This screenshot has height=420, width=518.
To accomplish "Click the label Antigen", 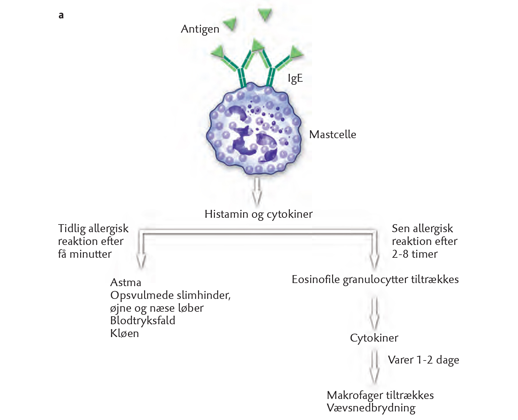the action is pos(200,29).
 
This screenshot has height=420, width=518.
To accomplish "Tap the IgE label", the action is pos(295,79).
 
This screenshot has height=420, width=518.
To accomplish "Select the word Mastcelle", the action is pos(332,135).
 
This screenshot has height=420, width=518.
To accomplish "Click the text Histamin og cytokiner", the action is pos(258,214).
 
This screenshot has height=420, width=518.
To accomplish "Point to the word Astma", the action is pos(126,282).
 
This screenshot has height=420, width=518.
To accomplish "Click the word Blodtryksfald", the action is pos(143,321).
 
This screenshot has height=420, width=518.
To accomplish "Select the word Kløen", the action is pos(124,333).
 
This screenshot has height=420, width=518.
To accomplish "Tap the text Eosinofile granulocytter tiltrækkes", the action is pos(375,280).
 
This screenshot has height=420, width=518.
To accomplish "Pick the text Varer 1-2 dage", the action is pos(423,360).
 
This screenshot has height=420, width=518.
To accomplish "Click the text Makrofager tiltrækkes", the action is pos(380,395).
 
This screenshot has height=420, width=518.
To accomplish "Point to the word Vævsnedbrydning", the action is pos(371,408).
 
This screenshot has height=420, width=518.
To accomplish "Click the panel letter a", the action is pos(61,15).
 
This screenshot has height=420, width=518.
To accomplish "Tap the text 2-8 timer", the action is pos(414,254).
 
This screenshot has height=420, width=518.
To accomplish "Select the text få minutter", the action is pos(84,254).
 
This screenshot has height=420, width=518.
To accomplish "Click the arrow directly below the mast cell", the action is pos(257,192).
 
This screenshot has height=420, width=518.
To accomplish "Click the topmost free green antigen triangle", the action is pos(265,14).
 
